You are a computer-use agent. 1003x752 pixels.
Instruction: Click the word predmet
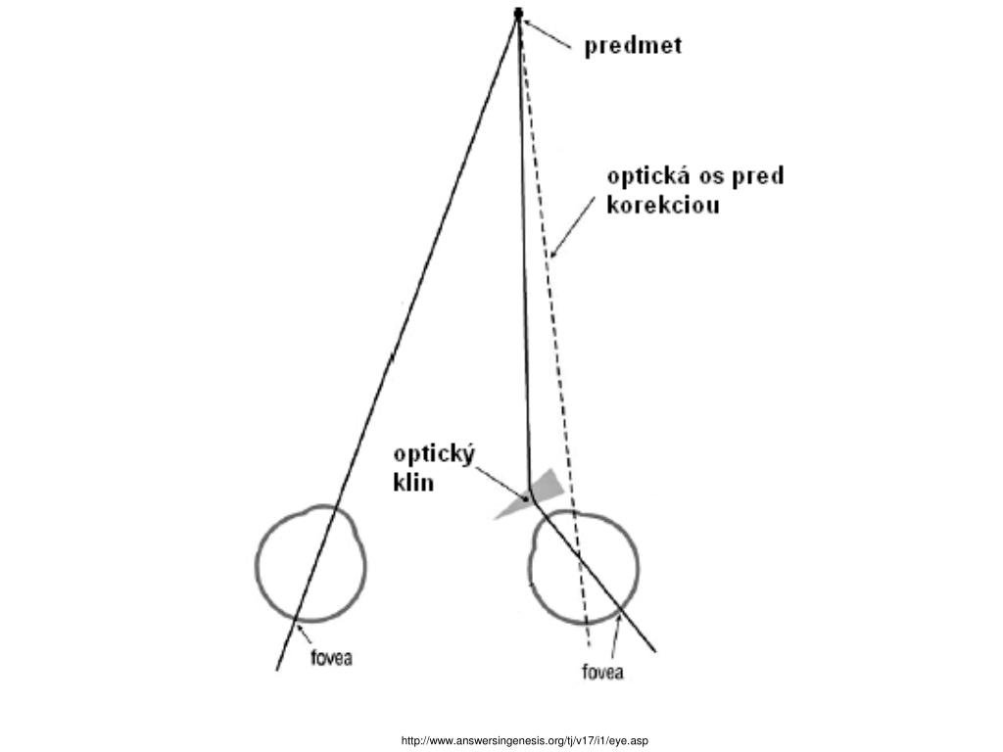(633, 46)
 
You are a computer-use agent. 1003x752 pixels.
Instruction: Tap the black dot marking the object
(518, 13)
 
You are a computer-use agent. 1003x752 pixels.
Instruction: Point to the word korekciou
(663, 207)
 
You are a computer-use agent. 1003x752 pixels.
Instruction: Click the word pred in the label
(760, 177)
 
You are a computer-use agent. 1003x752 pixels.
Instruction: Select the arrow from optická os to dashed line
(574, 226)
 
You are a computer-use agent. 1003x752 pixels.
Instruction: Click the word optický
(434, 455)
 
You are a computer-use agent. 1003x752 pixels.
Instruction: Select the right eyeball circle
(586, 569)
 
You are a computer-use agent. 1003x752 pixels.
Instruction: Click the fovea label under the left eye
(331, 658)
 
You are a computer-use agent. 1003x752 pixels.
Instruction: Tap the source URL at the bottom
(524, 740)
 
